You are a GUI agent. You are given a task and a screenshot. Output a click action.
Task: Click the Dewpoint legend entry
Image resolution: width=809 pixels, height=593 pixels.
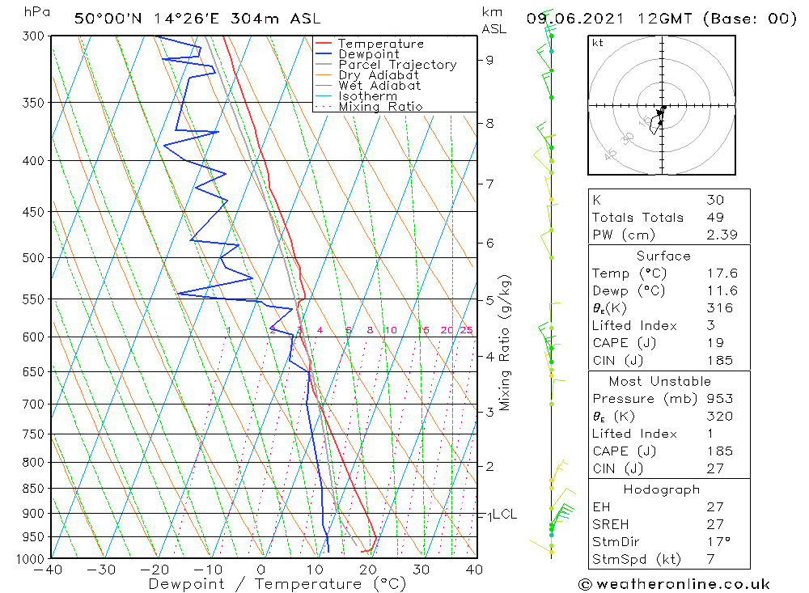coord(368,54)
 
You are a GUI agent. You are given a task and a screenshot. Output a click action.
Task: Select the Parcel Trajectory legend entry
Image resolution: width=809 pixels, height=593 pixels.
coord(397,65)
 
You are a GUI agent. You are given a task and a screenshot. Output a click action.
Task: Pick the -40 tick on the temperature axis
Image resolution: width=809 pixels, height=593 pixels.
coord(50,570)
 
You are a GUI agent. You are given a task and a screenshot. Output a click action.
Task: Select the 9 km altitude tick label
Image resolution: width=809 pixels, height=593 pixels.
coord(490,59)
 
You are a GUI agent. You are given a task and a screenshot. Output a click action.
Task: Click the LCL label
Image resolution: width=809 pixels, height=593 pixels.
coord(505,514)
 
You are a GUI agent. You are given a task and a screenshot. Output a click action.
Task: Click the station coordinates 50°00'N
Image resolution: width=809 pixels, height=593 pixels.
coord(105,18)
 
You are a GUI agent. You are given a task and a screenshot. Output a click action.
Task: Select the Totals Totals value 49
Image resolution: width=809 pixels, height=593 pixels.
coord(714,217)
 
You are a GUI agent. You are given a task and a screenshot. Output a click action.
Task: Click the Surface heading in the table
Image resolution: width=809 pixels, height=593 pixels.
coord(663,256)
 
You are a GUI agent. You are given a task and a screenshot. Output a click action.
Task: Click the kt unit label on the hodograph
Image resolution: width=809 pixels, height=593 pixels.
coord(598,43)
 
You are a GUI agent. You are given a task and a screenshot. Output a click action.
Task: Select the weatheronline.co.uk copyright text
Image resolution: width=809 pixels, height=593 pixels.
coord(674,583)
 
